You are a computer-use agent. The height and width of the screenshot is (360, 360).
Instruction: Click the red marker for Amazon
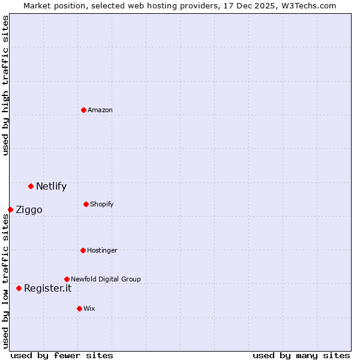coord(83,110)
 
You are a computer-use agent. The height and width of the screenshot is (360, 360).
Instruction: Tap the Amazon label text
coord(100,110)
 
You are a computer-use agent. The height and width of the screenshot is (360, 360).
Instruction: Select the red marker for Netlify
coord(31,186)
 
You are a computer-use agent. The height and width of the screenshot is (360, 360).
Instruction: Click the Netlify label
coord(51,186)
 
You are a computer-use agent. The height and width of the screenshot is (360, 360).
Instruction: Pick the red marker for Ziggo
coord(10,209)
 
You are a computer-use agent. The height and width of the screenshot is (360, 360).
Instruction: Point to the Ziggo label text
coord(29,209)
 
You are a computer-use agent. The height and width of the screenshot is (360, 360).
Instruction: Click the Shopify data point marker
coord(86,204)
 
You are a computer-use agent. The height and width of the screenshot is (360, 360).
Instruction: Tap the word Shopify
coord(101,204)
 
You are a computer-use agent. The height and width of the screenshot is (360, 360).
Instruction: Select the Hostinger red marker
coord(83,250)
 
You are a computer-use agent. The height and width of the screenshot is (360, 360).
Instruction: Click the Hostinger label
coord(102,250)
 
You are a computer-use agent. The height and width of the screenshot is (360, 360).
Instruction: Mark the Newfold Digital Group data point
coord(67,279)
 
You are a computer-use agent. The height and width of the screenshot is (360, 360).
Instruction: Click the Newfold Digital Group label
coord(106,279)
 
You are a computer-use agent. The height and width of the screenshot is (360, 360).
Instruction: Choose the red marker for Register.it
coord(19,288)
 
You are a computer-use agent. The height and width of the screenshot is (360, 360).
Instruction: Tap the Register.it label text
coord(47,288)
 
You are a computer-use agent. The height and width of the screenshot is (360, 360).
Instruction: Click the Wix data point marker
coord(79,308)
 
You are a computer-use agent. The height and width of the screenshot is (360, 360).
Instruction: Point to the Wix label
coord(89,308)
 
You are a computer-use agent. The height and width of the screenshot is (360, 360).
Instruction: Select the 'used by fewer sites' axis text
coord(62,355)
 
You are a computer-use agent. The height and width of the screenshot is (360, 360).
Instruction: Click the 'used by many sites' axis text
coord(301,355)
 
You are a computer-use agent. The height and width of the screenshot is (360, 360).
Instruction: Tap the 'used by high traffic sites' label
coord(5,85)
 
